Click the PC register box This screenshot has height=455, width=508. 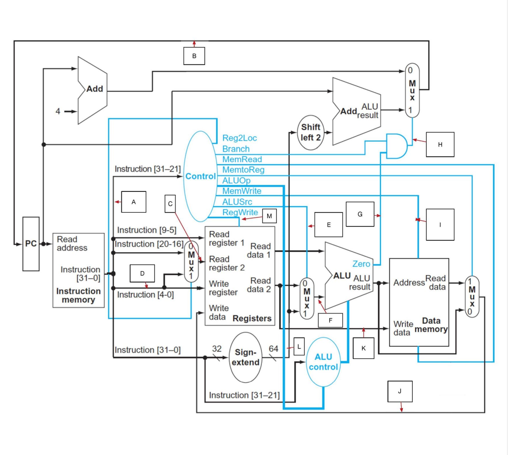coord(31,243)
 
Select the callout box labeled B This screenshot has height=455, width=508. coord(194,56)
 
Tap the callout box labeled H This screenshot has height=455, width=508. coord(440,144)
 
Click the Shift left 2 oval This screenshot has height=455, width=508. coord(311,132)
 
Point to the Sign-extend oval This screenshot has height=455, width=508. coord(247,357)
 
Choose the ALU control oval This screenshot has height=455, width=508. coord(323,362)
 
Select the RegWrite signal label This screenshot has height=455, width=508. coord(240,213)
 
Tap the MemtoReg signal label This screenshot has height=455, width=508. coord(243,170)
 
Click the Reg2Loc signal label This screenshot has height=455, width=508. coord(240,138)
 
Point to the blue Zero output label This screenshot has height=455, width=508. coord(361,264)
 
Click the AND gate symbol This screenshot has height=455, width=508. coord(397,146)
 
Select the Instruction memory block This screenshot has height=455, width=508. coord(79,271)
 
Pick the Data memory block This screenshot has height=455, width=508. coord(419,302)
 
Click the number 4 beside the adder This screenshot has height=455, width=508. coord(58,112)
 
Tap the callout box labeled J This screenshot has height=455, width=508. coord(400,391)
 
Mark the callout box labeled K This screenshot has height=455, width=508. coord(364,348)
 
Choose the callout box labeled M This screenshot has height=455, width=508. coord(269,216)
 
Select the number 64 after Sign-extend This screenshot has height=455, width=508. coord(273,349)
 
